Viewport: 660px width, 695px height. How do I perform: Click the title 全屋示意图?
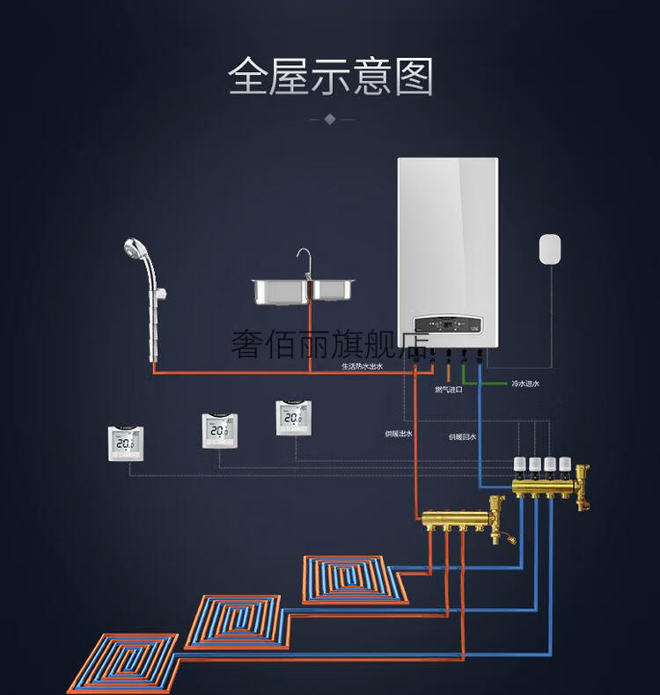click(x=330, y=77)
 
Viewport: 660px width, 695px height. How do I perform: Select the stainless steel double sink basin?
click(x=304, y=289)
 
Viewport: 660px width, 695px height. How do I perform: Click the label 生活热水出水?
click(x=362, y=366)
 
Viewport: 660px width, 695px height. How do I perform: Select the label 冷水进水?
click(x=525, y=384)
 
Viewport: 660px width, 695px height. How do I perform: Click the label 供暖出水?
click(x=398, y=434)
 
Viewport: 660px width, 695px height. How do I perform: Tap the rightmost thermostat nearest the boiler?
click(x=293, y=418)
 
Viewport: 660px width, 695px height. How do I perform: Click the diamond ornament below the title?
click(x=330, y=118)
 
